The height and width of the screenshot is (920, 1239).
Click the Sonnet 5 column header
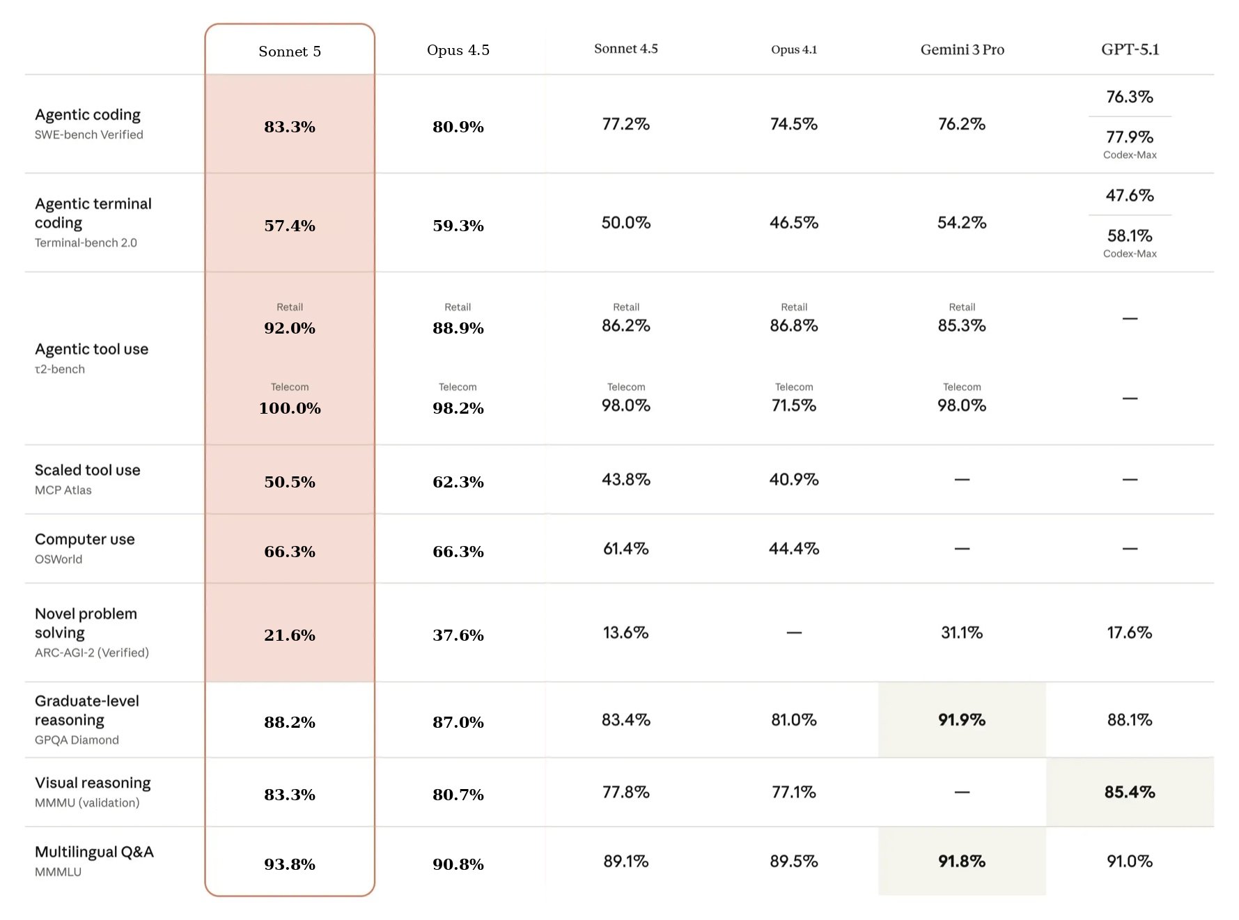290,52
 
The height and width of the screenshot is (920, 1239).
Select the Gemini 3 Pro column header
962,49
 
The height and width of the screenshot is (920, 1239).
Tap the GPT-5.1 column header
1130,49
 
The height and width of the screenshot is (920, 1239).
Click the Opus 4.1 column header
794,49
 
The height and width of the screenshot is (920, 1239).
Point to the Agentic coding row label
88,114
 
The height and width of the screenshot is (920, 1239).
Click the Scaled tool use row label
88,470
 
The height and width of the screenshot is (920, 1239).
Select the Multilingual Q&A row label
94,852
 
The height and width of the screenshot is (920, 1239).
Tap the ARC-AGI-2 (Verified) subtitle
92,653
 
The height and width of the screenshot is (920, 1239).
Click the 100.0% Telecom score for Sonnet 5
290,408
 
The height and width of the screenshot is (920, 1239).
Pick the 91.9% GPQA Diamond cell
962,719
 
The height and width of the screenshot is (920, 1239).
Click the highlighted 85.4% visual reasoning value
1130,792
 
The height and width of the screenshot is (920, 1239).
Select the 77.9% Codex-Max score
1130,137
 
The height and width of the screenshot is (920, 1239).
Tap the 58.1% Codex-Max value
1130,235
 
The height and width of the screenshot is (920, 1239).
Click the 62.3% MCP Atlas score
458,482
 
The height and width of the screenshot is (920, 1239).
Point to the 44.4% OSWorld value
794,549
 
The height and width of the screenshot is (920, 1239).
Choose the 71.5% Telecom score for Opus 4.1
794,405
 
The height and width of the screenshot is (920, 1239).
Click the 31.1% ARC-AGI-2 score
962,632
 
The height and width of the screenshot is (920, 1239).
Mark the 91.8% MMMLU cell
962,861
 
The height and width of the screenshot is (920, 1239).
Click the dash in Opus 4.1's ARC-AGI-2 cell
794,632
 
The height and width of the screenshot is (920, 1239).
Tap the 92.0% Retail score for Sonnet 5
290,328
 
